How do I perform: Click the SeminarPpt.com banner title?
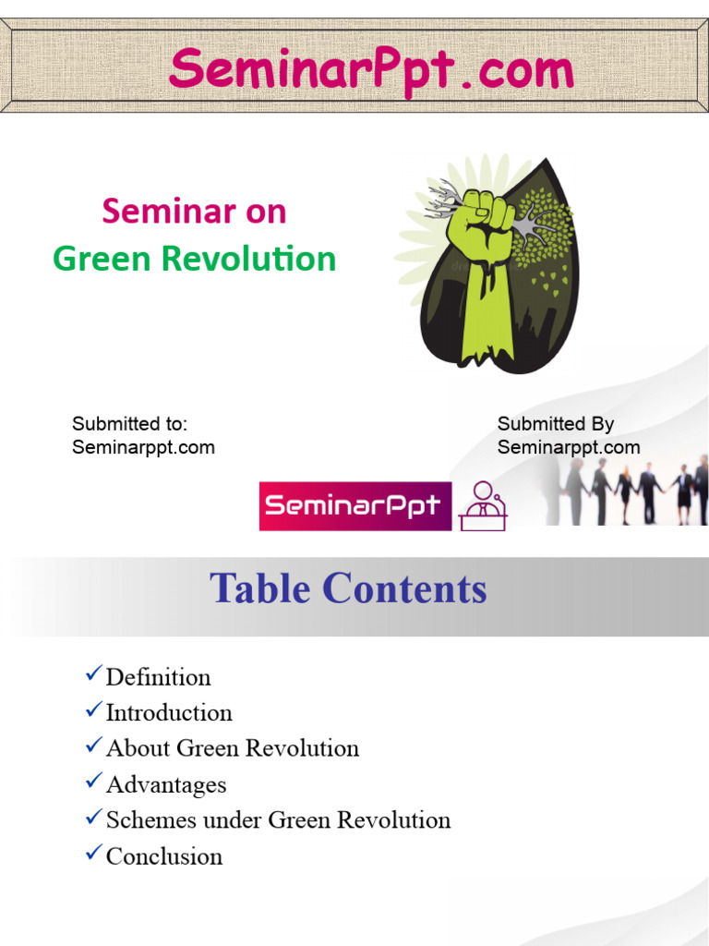tap(371, 69)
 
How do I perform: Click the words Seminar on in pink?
tap(194, 212)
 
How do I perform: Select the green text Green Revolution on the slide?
tap(194, 259)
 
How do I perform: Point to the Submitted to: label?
tap(129, 424)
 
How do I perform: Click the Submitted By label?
tap(555, 424)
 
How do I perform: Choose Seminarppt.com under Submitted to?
tap(143, 448)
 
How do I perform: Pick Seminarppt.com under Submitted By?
tap(568, 448)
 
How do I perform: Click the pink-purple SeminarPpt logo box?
tap(355, 506)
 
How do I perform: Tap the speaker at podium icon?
tap(483, 506)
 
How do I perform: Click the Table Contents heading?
tap(348, 589)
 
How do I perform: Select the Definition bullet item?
tap(158, 677)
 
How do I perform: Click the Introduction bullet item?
tap(169, 713)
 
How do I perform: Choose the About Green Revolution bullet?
tap(232, 748)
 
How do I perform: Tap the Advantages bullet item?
tap(166, 785)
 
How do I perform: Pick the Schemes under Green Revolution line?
tap(278, 820)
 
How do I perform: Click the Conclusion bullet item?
tap(164, 856)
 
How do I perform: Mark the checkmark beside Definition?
tap(93, 675)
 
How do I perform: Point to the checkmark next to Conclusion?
tap(93, 854)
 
